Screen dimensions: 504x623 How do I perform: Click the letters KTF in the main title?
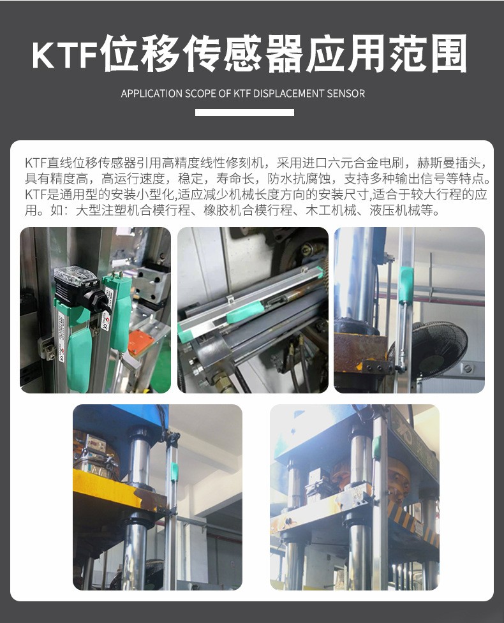(64, 55)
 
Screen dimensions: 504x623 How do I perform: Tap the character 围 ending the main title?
(448, 53)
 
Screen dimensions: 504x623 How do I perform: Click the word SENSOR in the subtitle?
(345, 94)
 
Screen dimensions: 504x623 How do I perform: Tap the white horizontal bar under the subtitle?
(244, 112)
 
